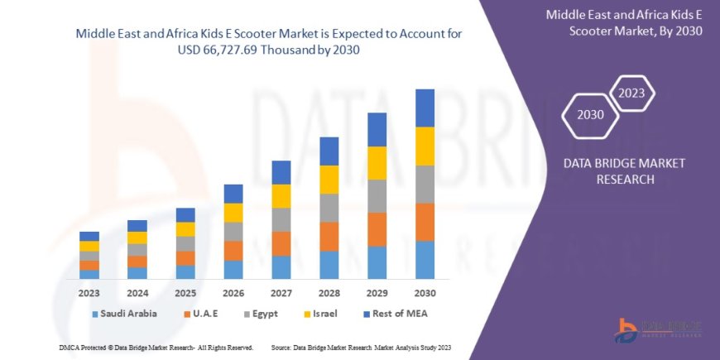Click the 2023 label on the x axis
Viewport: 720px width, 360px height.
coord(89,292)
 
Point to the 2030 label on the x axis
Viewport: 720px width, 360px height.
coord(425,292)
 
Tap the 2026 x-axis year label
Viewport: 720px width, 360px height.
coord(233,292)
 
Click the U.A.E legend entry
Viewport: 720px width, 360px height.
coord(208,314)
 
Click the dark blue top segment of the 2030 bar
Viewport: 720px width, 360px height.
coord(425,108)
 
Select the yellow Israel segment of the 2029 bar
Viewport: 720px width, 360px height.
coord(377,163)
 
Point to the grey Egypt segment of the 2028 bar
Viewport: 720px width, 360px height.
coord(329,208)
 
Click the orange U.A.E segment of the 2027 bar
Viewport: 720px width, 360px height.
coord(281,243)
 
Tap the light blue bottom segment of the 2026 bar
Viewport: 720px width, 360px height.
coord(233,270)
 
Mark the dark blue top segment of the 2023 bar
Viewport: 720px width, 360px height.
coord(89,236)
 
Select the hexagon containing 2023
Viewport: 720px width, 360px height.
coord(631,92)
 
